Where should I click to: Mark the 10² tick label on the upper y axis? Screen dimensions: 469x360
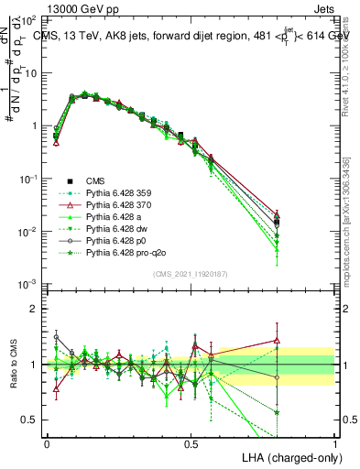31,19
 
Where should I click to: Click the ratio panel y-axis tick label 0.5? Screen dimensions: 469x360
33,420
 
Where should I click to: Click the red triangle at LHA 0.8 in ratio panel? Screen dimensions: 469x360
277,341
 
